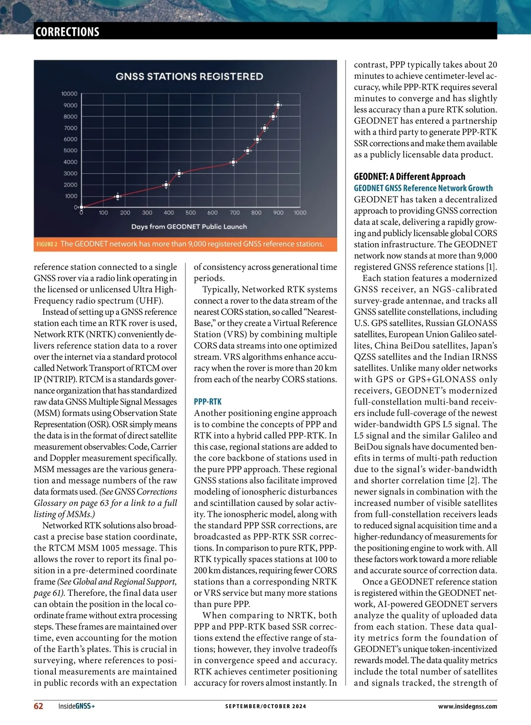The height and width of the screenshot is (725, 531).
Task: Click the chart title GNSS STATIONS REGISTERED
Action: pos(189,77)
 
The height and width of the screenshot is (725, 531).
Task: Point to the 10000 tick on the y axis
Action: pos(69,94)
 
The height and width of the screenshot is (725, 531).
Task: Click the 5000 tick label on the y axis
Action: pos(70,150)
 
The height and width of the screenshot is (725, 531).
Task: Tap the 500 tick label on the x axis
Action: pos(191,213)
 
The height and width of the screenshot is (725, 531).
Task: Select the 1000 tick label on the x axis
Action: pos(300,213)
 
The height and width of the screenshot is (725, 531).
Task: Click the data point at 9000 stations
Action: pos(278,105)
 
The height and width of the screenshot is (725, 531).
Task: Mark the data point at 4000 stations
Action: pos(234,162)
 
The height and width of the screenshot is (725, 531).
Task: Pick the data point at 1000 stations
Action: pos(117,196)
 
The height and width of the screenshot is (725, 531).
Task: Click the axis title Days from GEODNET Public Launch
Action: pos(189,227)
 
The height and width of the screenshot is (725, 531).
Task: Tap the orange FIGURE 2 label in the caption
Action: pos(47,244)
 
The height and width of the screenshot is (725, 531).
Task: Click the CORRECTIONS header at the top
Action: pos(67,32)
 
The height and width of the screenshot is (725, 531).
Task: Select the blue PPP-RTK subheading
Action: pos(208,401)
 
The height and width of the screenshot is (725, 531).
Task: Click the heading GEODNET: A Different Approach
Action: pos(409,177)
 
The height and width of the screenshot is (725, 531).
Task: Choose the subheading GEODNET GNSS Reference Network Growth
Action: pos(423,188)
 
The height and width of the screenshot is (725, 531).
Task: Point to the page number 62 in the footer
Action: pos(38,706)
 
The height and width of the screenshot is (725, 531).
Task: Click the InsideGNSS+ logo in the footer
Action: pos(77,706)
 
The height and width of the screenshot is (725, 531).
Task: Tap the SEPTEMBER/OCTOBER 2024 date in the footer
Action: pos(265,706)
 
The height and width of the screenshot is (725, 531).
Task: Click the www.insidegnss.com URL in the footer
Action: pos(467,706)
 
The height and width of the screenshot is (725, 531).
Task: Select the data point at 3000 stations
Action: pos(179,174)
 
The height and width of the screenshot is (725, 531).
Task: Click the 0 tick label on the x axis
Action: pos(81,213)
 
